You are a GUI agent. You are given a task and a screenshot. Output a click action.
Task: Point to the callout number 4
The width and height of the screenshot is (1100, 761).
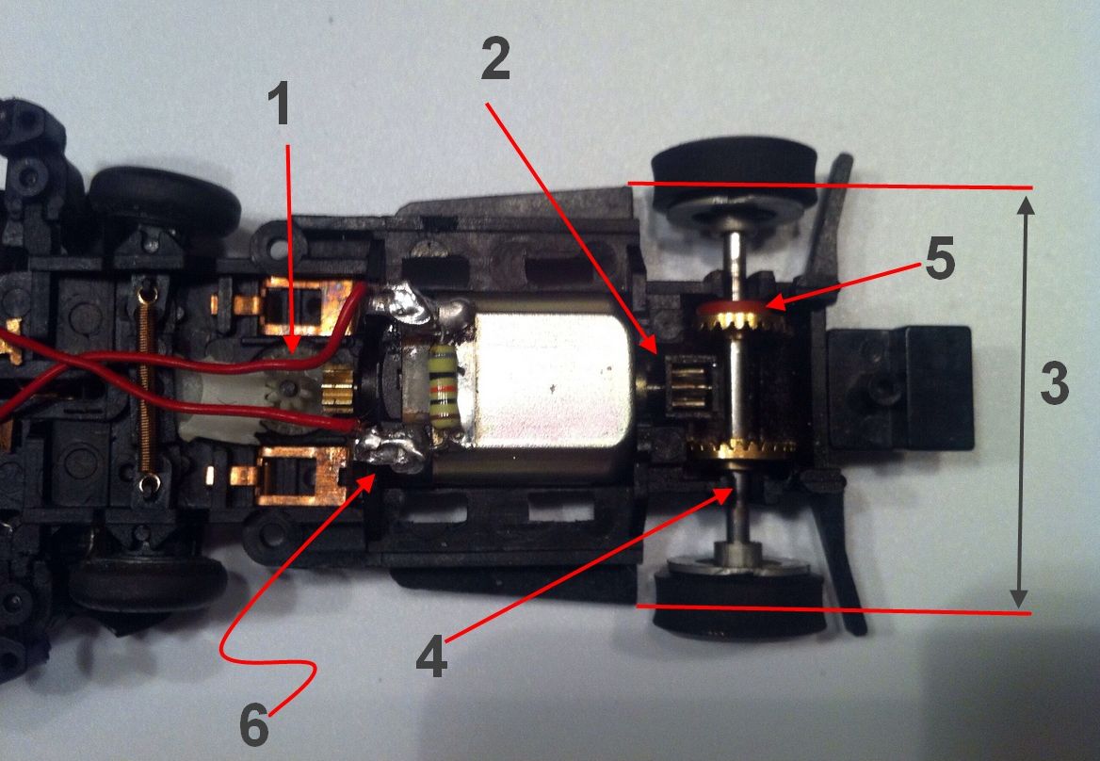(x=431, y=658)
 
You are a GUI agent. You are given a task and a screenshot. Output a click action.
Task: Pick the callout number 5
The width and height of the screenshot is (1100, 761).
(x=940, y=261)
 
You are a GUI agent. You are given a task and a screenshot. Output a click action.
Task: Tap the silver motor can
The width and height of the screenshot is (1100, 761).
(x=551, y=386)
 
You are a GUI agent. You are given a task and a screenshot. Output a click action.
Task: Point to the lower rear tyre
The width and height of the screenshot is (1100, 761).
(x=739, y=603)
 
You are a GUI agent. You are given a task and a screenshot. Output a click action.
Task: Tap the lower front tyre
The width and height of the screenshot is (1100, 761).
(x=146, y=584)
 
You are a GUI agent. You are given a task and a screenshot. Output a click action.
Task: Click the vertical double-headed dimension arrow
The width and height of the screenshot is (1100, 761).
(x=1019, y=396)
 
